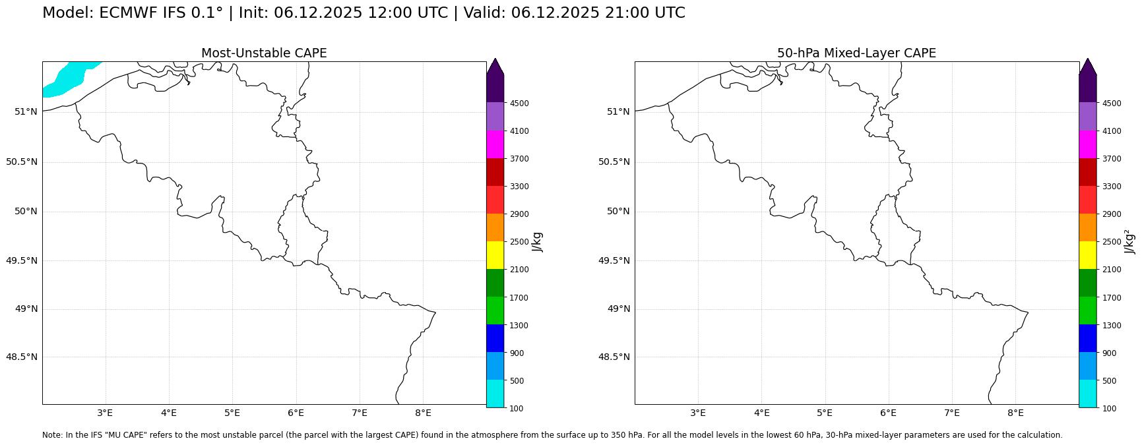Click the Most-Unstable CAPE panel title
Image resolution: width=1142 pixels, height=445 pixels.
[264, 53]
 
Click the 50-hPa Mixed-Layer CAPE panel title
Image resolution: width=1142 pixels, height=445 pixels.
[856, 53]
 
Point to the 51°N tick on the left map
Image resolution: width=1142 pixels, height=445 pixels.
[26, 111]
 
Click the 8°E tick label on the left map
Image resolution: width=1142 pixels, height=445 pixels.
[423, 413]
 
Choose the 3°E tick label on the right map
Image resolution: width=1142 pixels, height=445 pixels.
[698, 413]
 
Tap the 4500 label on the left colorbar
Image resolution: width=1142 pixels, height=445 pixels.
[519, 104]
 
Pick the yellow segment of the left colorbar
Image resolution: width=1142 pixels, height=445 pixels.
[495, 255]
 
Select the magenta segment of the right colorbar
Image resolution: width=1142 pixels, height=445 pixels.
[1087, 144]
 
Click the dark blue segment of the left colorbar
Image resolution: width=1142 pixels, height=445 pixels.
[495, 338]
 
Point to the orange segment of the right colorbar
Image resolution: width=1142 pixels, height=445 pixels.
[1087, 227]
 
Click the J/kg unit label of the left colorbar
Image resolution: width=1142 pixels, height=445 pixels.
[538, 242]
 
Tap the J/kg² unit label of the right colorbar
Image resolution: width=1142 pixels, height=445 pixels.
[1130, 242]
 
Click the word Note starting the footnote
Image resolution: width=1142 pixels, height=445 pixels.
[51, 435]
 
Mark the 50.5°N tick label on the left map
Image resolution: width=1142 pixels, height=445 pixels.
[22, 162]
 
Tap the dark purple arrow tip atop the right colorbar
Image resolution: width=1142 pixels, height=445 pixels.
[1087, 66]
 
